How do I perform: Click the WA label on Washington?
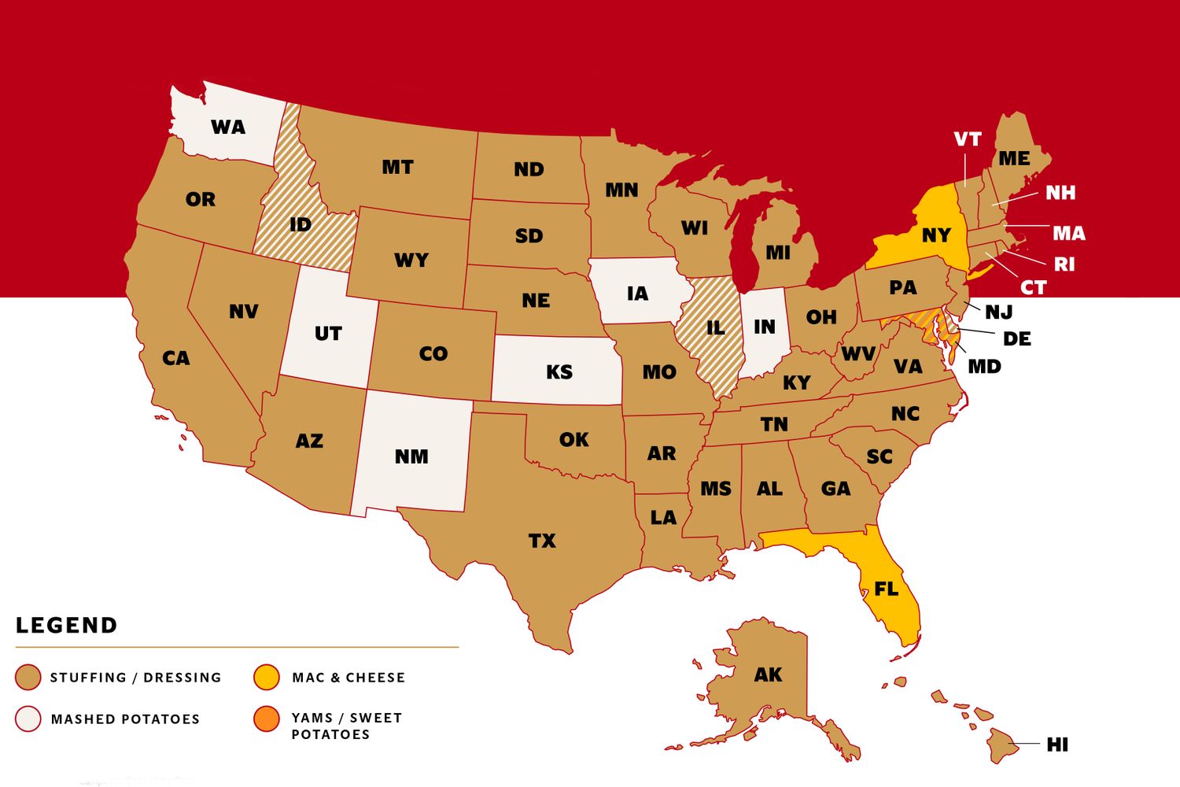tap(228, 127)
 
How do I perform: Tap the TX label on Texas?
tap(542, 541)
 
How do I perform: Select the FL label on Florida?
tap(886, 589)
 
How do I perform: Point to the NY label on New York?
tap(936, 235)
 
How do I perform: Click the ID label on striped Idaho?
tap(300, 225)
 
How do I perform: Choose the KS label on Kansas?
tap(559, 371)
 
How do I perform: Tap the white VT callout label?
tap(967, 139)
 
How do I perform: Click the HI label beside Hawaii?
tap(1057, 745)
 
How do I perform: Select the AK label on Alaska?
tap(768, 674)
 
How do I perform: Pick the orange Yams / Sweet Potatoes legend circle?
tap(267, 719)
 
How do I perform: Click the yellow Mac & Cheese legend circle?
tap(267, 677)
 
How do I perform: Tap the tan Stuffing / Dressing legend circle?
tap(28, 677)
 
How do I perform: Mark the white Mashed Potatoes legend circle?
tap(28, 719)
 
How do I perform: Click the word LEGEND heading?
tap(67, 626)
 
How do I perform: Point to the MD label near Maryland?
tap(984, 367)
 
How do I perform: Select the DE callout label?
tap(1016, 339)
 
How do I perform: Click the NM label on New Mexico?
tap(411, 456)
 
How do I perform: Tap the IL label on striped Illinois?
tap(715, 327)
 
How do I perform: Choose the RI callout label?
tap(1064, 264)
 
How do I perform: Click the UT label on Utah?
tap(328, 334)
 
